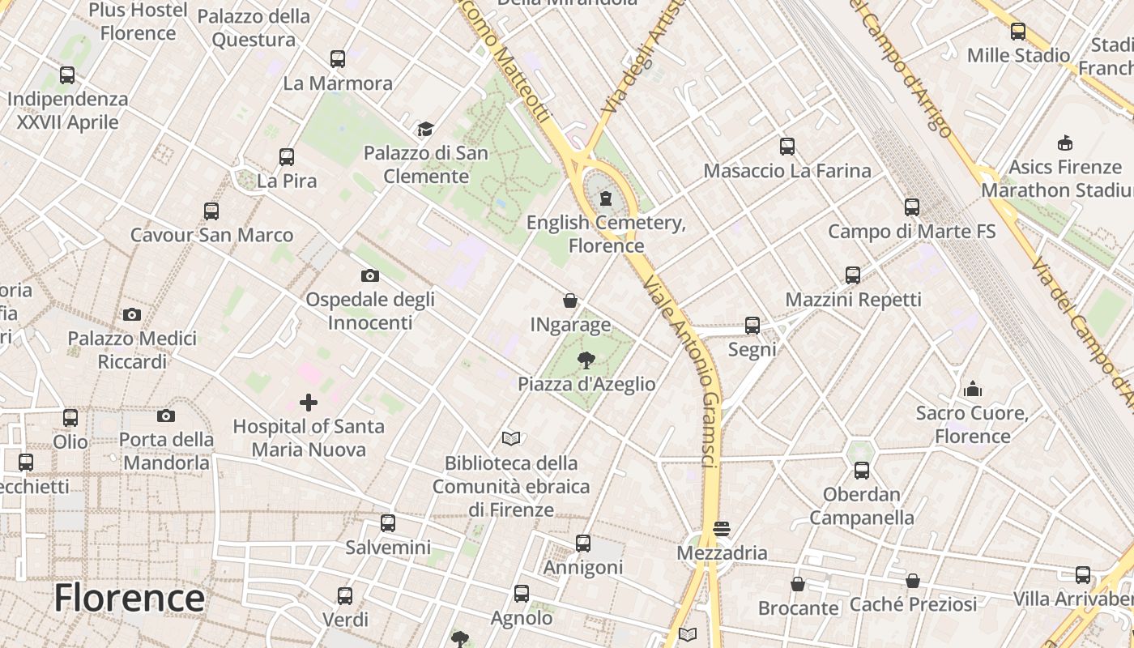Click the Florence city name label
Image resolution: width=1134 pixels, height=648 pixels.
129,599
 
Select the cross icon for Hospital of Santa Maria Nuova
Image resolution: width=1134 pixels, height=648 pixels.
308,403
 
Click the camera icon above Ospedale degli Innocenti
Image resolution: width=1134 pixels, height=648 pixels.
370,276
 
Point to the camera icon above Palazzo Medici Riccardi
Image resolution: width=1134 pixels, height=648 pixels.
132,315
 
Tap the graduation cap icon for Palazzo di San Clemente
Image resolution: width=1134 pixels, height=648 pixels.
425,130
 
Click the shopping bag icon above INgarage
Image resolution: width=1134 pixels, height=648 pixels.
570,301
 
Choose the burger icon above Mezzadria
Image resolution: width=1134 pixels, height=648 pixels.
722,530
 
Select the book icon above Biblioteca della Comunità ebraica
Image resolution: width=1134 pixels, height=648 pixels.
510,439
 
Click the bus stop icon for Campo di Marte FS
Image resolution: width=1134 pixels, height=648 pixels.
912,207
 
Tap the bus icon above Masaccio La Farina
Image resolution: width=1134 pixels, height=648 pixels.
787,147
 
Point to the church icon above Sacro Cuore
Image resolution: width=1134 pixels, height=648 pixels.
973,390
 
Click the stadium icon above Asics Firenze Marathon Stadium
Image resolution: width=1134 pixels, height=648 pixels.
1064,143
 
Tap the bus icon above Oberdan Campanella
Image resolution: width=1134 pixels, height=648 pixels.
861,471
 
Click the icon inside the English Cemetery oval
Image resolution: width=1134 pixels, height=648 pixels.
605,199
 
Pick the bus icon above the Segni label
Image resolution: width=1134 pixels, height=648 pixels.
752,326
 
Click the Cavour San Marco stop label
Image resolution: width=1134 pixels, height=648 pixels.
211,236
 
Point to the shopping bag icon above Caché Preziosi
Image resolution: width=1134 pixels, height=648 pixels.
913,581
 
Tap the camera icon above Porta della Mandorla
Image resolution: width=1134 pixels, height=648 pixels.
166,416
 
